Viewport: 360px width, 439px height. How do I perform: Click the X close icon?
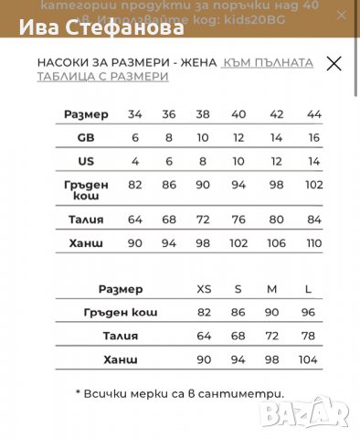pyautogui.click(x=334, y=63)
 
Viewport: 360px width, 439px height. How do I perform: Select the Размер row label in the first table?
pyautogui.click(x=87, y=114)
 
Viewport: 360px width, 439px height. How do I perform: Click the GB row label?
pyautogui.click(x=87, y=137)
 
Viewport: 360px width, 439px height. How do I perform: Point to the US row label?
pyautogui.click(x=87, y=160)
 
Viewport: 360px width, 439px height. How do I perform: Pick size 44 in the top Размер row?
pyautogui.click(x=314, y=114)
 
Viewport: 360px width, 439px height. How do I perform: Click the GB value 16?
pyautogui.click(x=314, y=137)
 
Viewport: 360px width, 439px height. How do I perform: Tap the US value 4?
pyautogui.click(x=135, y=160)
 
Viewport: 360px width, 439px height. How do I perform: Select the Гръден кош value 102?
pyautogui.click(x=314, y=184)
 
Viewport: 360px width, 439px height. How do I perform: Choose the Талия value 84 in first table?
pyautogui.click(x=314, y=219)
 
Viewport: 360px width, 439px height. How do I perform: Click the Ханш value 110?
pyautogui.click(x=314, y=242)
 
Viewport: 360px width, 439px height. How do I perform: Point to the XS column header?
pyautogui.click(x=204, y=289)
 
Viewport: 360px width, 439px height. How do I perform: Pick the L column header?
pyautogui.click(x=308, y=289)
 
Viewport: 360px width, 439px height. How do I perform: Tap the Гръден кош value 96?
pyautogui.click(x=308, y=313)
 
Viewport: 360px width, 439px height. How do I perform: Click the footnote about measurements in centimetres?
pyautogui.click(x=180, y=393)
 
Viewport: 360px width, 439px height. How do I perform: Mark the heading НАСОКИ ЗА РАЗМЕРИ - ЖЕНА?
pyautogui.click(x=126, y=62)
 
